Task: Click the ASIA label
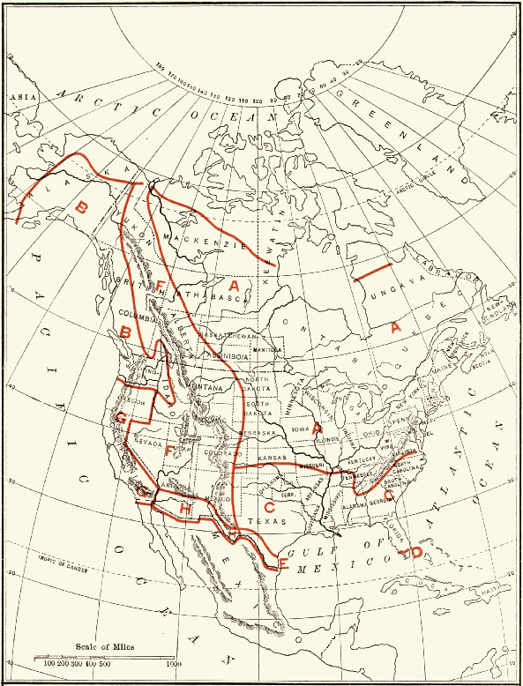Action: [x=18, y=98]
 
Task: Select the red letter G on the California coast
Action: [x=142, y=488]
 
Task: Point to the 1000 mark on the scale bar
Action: [x=173, y=663]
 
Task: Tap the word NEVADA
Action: [x=149, y=443]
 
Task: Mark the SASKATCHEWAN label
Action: [x=228, y=336]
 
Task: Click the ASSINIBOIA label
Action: [x=226, y=355]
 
